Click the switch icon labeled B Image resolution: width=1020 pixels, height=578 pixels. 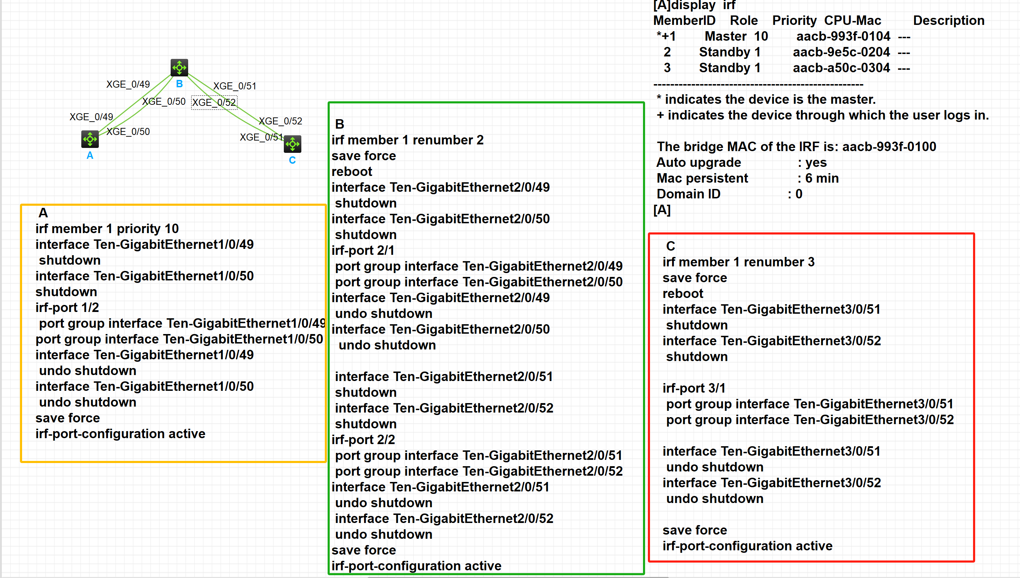tap(179, 68)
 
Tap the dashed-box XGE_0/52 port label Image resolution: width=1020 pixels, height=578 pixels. tap(214, 102)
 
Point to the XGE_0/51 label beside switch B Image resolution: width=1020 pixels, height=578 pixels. tap(234, 86)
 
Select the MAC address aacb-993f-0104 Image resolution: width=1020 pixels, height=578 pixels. tap(843, 36)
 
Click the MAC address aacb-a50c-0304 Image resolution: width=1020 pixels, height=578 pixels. tap(841, 68)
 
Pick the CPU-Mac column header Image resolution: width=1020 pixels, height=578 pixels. tap(852, 21)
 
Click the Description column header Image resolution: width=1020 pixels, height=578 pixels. tap(949, 21)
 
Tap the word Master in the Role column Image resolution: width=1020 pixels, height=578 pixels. tap(726, 36)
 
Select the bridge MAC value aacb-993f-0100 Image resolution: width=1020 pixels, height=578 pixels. tap(889, 147)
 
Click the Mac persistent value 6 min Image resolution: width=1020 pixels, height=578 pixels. tap(822, 178)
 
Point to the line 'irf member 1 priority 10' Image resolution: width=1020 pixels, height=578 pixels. tap(107, 229)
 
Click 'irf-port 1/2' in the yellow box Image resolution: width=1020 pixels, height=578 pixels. tap(67, 308)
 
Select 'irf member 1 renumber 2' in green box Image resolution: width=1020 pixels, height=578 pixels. tap(408, 140)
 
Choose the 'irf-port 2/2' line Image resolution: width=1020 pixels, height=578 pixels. tap(363, 440)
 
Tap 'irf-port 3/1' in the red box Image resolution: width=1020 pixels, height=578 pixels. tap(694, 388)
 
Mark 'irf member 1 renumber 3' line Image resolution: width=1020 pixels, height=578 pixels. tap(738, 262)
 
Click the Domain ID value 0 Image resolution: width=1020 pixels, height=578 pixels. tap(799, 194)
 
